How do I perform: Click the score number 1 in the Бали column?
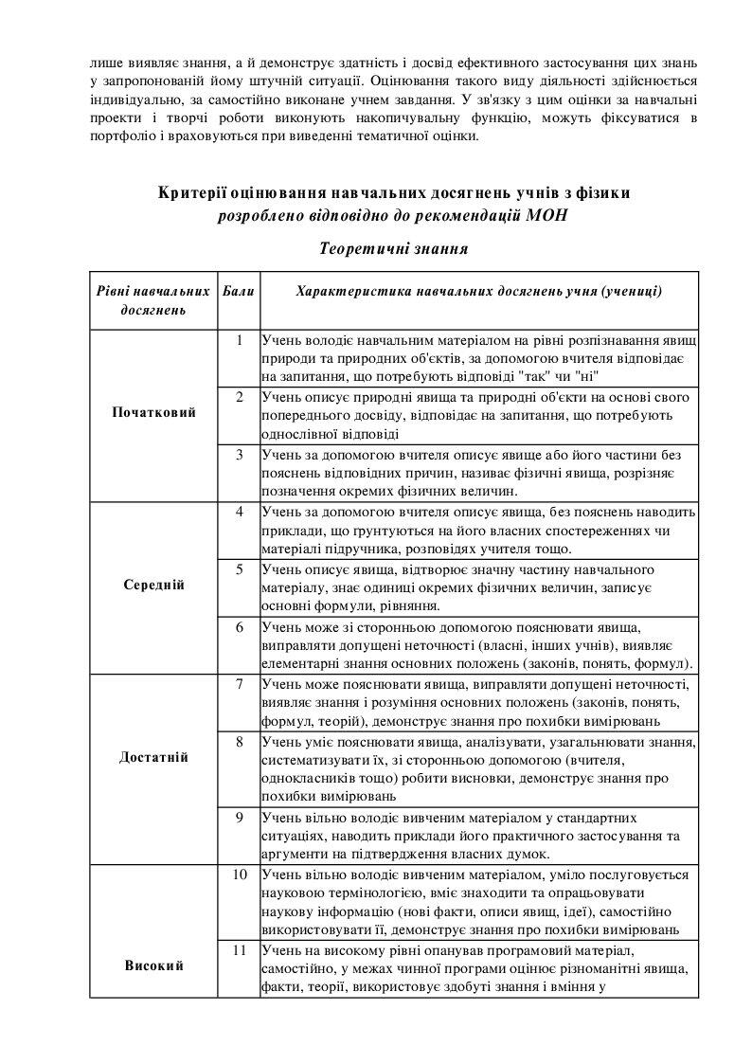click(240, 340)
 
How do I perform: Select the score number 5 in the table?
click(240, 568)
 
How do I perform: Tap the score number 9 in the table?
click(240, 816)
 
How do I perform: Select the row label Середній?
click(153, 585)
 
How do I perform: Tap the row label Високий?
click(153, 965)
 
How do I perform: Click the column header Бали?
click(240, 291)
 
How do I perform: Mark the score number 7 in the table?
click(240, 683)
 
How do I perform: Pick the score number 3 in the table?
click(240, 454)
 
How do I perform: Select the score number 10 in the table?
click(240, 873)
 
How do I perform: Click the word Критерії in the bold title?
click(197, 192)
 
